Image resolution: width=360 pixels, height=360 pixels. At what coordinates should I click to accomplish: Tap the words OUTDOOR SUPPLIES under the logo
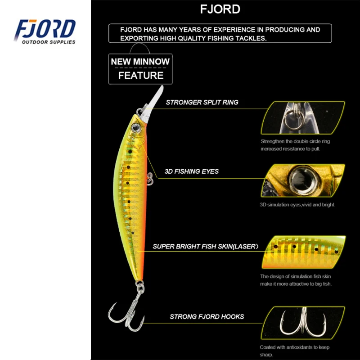click(48, 42)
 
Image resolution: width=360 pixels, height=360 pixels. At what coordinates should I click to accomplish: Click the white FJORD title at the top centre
click(220, 9)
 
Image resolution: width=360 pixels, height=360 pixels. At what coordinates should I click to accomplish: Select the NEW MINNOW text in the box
click(140, 62)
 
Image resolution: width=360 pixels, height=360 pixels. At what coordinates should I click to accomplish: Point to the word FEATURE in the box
click(140, 75)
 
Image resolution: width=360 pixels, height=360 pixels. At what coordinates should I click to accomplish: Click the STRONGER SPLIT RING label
click(202, 102)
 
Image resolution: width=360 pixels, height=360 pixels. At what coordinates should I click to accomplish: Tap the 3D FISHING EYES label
click(192, 171)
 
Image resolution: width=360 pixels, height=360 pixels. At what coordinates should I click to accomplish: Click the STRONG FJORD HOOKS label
click(207, 316)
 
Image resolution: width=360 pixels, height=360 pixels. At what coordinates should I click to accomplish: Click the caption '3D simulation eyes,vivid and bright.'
click(297, 204)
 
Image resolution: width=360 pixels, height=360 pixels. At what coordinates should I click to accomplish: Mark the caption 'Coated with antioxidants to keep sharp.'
click(295, 351)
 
